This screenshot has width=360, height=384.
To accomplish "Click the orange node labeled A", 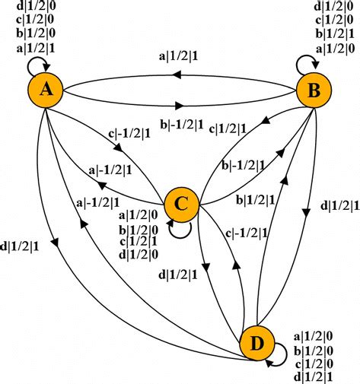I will point(46,91).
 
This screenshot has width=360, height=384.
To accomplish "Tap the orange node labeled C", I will point(181,202).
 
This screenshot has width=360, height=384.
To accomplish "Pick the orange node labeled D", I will point(256,344).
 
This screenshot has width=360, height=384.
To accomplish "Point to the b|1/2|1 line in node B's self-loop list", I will point(333,33).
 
